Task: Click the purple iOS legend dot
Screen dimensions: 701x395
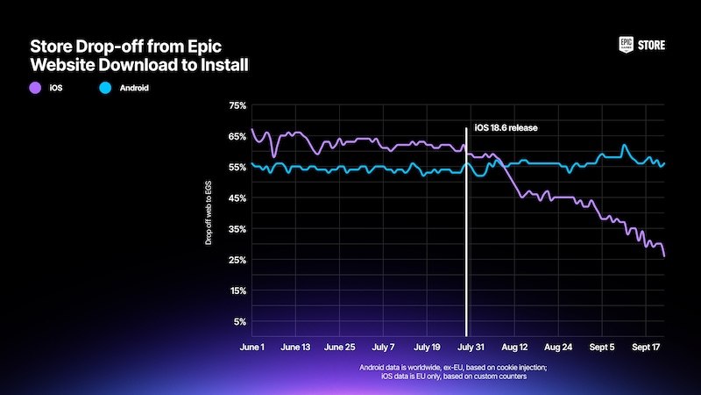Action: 35,88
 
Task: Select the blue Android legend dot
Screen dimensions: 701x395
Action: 105,88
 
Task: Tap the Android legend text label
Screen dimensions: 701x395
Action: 134,88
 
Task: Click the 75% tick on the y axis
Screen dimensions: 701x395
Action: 237,105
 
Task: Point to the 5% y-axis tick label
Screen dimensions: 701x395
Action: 240,321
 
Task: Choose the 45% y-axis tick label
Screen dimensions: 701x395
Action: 237,198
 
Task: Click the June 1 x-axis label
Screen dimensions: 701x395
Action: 252,347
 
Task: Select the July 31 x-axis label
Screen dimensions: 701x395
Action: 471,347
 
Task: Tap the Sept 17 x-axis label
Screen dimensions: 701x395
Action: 646,347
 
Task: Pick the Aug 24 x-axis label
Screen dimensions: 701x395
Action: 558,347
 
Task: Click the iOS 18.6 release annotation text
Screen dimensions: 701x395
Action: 506,128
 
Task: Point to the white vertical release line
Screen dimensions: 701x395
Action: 466,232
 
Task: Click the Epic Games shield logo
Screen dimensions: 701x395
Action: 626,45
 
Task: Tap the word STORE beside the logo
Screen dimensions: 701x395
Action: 651,46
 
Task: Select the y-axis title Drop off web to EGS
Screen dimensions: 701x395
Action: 209,212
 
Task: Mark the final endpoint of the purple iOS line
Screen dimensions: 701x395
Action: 664,255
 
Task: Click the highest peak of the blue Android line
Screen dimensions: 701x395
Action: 624,145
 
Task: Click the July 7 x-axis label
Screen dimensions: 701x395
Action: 383,347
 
